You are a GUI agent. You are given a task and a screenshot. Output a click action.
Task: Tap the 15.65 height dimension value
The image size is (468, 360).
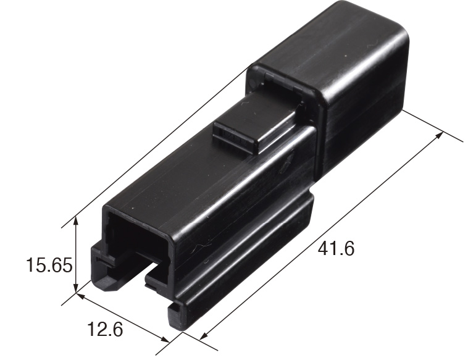coord(49,265)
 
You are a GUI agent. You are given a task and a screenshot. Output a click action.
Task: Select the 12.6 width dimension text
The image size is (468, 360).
coord(105,329)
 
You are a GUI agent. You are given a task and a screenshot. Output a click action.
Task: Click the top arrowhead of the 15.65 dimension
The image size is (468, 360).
coord(76,221)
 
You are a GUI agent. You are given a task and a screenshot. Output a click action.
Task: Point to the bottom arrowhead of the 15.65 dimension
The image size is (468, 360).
coord(76,288)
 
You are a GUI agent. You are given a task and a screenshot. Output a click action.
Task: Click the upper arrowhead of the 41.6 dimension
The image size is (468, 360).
coord(439,135)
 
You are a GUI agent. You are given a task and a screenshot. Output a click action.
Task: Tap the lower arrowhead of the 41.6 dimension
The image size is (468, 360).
coord(204,336)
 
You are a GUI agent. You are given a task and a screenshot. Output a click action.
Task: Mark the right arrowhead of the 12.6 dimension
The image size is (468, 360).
coord(165,340)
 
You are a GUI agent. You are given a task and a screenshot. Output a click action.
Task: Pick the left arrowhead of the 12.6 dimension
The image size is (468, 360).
coord(81,296)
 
